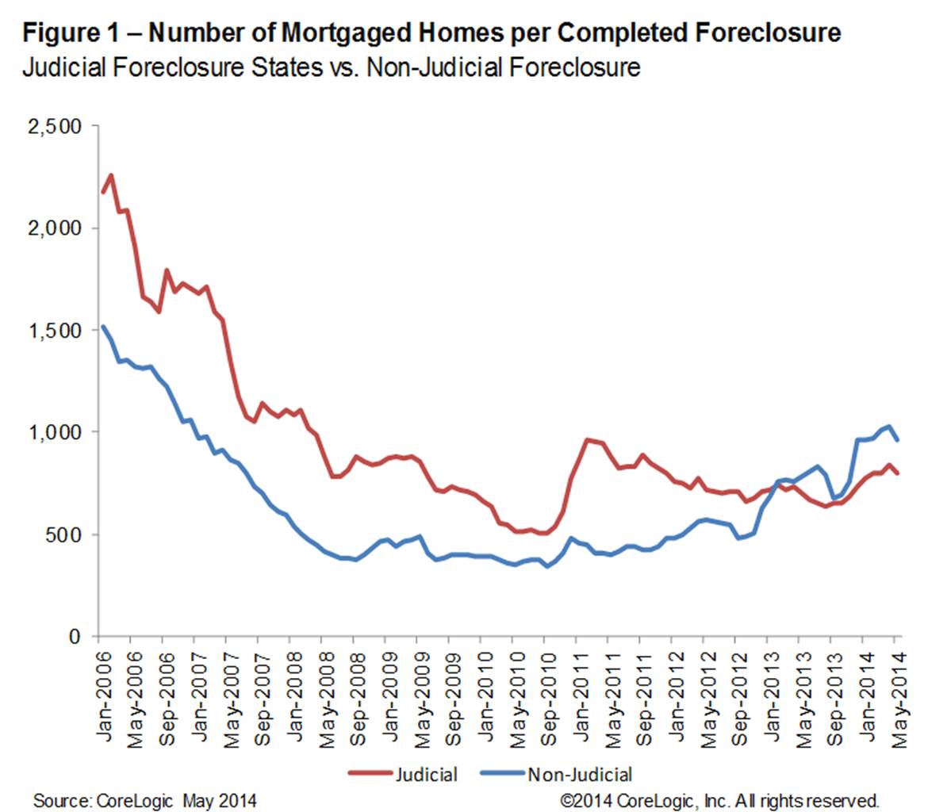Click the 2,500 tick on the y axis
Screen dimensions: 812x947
point(55,126)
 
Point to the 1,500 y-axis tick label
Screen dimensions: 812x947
point(55,331)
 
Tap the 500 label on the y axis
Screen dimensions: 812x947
point(64,534)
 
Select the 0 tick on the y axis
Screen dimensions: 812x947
point(75,637)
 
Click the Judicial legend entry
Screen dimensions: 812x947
point(426,774)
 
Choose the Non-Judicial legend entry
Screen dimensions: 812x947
point(580,774)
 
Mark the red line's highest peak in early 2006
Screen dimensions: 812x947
point(110,174)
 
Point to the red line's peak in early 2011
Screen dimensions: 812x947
point(585,439)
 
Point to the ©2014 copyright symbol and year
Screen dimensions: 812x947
point(586,799)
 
